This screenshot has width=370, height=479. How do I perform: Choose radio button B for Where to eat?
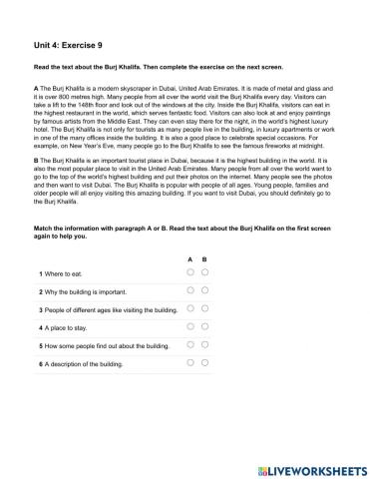pos(204,271)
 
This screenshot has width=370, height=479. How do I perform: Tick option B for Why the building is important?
pos(204,289)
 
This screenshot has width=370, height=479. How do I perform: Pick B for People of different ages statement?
pos(204,308)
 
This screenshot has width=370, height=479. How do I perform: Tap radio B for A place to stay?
pos(204,326)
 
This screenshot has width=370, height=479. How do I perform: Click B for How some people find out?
pos(204,345)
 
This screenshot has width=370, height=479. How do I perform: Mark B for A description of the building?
pos(204,363)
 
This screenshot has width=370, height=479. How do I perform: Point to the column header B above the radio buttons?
pos(204,257)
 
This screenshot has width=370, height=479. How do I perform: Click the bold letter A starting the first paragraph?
pos(36,90)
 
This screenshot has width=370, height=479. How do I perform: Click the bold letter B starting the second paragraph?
pos(36,160)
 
